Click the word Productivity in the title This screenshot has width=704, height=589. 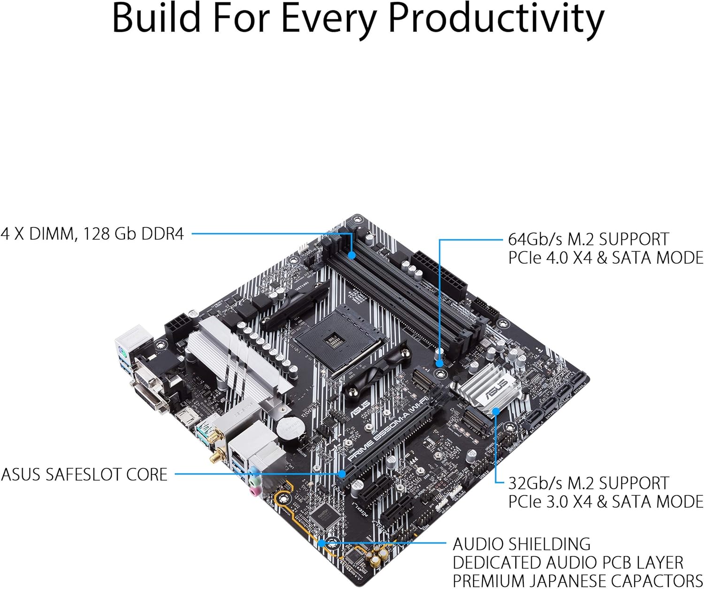(497, 19)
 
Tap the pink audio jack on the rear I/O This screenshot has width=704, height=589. (254, 491)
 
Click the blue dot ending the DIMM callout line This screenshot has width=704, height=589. (352, 255)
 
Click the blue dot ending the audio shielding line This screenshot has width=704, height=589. (322, 543)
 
